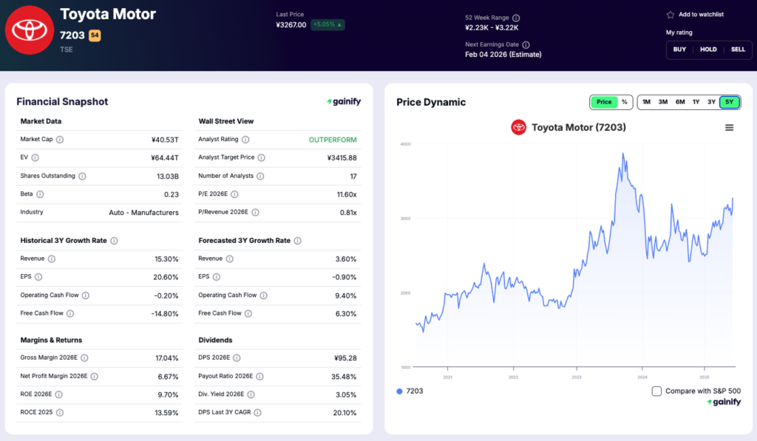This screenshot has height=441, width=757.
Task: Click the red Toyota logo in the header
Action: (30, 30)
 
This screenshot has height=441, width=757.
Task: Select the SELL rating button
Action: (738, 49)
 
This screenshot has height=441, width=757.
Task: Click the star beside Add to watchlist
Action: (671, 15)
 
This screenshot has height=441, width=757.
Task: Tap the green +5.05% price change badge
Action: (327, 24)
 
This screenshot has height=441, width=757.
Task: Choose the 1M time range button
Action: (646, 102)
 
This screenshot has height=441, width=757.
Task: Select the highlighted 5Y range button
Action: (729, 102)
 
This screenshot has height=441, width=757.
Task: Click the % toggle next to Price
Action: (625, 102)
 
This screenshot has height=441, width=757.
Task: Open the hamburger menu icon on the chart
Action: (729, 128)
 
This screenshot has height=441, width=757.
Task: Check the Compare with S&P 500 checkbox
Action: (656, 391)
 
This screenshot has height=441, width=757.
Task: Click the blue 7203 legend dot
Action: (400, 391)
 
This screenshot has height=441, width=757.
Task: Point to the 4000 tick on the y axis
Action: (405, 144)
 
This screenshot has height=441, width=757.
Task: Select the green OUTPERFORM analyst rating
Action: (333, 140)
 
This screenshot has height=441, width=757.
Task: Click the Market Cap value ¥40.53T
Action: (164, 140)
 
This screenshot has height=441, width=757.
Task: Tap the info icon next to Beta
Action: (40, 194)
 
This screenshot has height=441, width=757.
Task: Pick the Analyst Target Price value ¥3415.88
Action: (342, 157)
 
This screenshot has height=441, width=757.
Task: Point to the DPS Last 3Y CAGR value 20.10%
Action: (341, 412)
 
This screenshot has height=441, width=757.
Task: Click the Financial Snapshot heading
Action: (62, 102)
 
